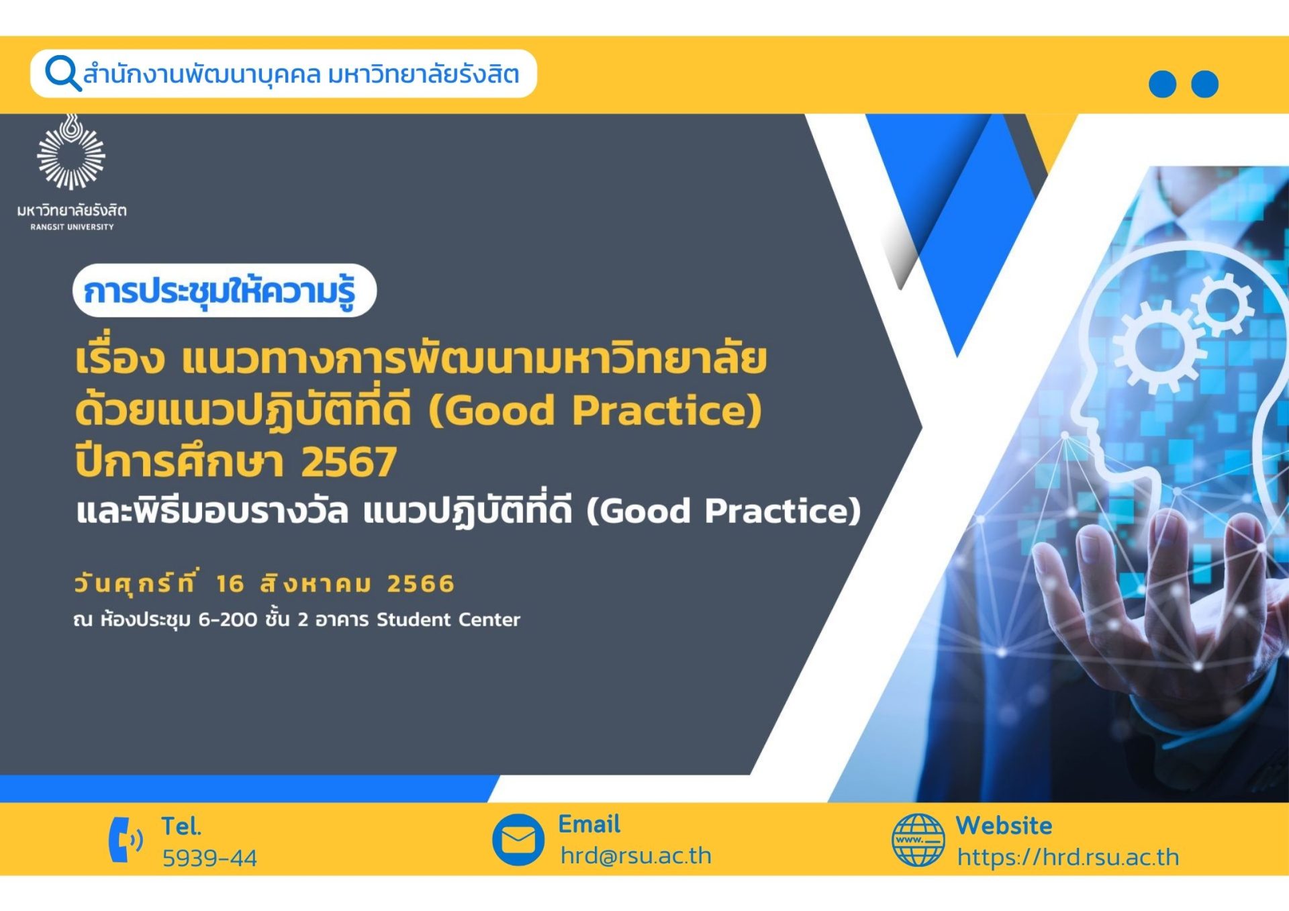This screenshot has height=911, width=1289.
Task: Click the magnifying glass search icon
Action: click(62, 73)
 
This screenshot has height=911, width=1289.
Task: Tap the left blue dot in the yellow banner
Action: click(1162, 84)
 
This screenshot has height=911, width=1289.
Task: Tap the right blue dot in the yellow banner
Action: click(1204, 84)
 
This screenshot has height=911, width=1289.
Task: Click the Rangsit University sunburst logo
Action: click(71, 154)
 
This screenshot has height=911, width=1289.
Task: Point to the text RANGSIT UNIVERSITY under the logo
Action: click(72, 227)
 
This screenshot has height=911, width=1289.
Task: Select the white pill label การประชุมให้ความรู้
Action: click(224, 291)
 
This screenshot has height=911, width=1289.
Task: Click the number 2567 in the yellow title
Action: click(348, 462)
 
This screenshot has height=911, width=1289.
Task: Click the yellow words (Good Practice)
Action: click(595, 410)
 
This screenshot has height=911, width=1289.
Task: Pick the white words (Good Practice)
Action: click(723, 511)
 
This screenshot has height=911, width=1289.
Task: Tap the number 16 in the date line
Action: click(230, 583)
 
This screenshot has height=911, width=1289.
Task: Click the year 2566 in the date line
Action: click(420, 583)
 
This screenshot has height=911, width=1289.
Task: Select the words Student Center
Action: click(448, 619)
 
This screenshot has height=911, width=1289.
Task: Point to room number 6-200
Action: click(227, 619)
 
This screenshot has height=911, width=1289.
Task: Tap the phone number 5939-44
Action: click(209, 857)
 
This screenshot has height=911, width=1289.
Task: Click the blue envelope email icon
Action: click(518, 839)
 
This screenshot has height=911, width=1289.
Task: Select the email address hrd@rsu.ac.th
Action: click(635, 856)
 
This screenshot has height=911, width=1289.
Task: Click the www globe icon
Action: click(918, 840)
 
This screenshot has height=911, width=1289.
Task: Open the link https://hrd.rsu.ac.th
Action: click(1067, 857)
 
